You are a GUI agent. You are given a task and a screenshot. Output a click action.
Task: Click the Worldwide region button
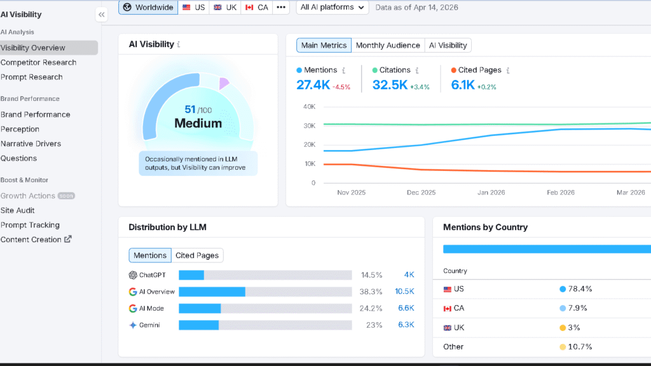[x=147, y=8]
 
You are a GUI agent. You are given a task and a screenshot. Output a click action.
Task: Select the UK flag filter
[x=225, y=8]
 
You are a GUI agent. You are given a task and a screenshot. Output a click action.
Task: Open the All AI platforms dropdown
[x=332, y=8]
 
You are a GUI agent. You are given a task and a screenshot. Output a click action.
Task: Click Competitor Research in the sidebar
[x=38, y=62]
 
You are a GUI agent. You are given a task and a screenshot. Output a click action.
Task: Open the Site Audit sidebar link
[x=18, y=210]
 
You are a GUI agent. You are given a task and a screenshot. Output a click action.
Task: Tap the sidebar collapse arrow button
[x=102, y=15]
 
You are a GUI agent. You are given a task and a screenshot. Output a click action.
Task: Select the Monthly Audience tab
[x=388, y=45]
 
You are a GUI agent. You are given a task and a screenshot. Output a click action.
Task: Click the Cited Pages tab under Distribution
[x=197, y=255]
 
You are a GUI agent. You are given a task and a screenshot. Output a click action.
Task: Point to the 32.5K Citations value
[x=390, y=85]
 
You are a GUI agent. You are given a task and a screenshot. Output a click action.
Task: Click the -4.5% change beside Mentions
[x=342, y=87]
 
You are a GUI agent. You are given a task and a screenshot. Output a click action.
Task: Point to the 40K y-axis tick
[x=309, y=107]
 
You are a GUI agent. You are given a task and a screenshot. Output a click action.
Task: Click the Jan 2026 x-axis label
[x=491, y=193]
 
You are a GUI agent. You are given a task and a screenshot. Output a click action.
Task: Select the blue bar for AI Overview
[x=212, y=292]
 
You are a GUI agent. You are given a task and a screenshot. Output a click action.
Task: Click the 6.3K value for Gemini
[x=406, y=325]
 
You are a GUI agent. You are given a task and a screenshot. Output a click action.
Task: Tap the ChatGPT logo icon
[x=133, y=275]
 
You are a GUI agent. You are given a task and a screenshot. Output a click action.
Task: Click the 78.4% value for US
[x=580, y=289]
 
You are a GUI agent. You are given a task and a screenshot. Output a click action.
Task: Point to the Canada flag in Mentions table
[x=448, y=309]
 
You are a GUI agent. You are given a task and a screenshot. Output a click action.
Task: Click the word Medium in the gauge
[x=198, y=123]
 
